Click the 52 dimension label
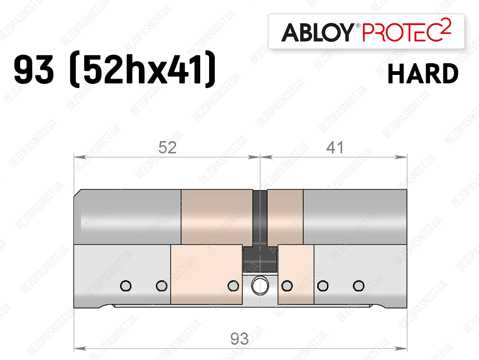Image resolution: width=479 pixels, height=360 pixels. [x=167, y=147]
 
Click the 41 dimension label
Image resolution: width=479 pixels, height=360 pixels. [x=335, y=147]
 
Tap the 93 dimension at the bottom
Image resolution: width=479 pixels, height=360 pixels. [x=239, y=339]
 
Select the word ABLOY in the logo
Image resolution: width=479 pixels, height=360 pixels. [x=318, y=32]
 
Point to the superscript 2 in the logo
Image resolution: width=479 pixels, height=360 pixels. [x=446, y=25]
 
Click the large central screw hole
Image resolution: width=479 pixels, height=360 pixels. [x=260, y=286]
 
